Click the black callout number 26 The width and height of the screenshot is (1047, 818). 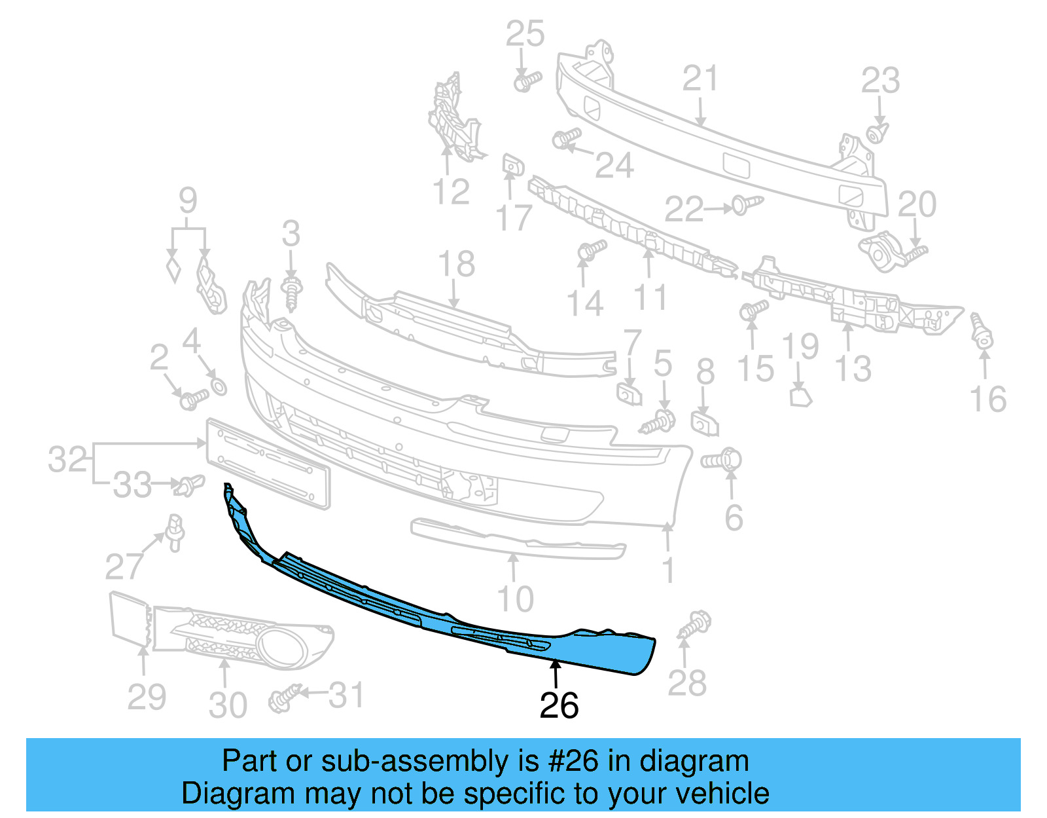(x=559, y=705)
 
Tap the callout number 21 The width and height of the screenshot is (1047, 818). (x=700, y=79)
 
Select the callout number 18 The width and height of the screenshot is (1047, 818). (x=456, y=265)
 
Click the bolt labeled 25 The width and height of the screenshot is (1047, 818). (x=527, y=82)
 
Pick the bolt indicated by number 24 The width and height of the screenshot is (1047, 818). (x=566, y=138)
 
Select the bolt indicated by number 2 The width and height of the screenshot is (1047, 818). (x=194, y=398)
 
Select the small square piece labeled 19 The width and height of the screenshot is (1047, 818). (x=800, y=397)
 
